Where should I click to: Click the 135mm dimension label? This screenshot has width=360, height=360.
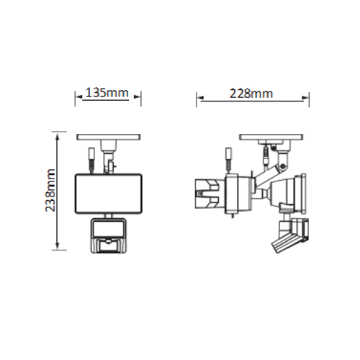(x=107, y=93)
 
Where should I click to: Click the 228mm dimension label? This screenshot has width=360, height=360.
(x=251, y=94)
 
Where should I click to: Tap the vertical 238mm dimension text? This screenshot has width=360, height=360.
(x=50, y=190)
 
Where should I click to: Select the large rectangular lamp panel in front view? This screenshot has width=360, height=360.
(x=109, y=194)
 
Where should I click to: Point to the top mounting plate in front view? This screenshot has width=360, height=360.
(x=109, y=137)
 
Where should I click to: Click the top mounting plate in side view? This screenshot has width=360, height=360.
(x=271, y=137)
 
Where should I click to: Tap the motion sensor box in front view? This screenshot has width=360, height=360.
(x=109, y=235)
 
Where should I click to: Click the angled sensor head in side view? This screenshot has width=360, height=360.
(x=290, y=235)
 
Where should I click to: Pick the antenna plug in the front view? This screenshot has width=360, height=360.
(x=91, y=160)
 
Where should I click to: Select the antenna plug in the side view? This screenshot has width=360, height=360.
(x=229, y=160)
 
